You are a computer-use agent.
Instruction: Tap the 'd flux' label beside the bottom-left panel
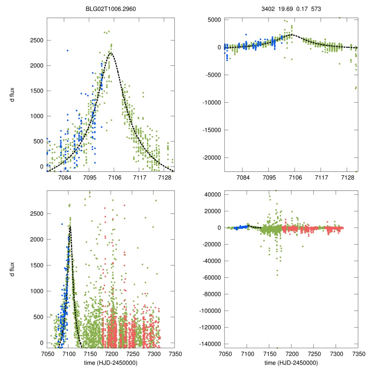(x=13, y=269)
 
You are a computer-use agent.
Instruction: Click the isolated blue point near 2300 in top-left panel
(x=67, y=51)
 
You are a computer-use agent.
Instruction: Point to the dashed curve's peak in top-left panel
(x=111, y=53)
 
